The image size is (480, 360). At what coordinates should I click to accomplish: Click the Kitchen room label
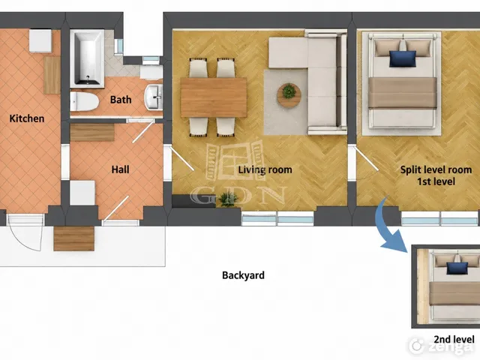27,118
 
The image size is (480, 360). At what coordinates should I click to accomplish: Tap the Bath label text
121,100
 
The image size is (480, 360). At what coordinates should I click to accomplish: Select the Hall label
120,169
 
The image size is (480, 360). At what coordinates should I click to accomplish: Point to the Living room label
265,169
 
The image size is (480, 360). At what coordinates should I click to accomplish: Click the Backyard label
243,275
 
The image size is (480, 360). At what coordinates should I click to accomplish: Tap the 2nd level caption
454,339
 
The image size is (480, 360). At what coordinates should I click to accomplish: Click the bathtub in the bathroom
87,58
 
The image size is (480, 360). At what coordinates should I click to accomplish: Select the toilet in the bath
84,102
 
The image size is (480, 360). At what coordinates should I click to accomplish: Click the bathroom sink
153,97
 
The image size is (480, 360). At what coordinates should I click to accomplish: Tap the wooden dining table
214,97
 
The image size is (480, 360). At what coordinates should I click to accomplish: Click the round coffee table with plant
289,95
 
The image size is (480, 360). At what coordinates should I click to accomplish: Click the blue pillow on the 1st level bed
403,58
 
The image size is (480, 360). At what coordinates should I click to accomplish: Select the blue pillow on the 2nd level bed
457,268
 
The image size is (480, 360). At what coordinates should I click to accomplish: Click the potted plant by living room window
228,199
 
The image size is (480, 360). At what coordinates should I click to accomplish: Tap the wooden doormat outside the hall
73,238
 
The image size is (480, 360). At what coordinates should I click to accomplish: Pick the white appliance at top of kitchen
40,40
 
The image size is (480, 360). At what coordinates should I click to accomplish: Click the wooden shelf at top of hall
92,132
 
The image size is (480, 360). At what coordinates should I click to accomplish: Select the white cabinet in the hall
82,193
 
